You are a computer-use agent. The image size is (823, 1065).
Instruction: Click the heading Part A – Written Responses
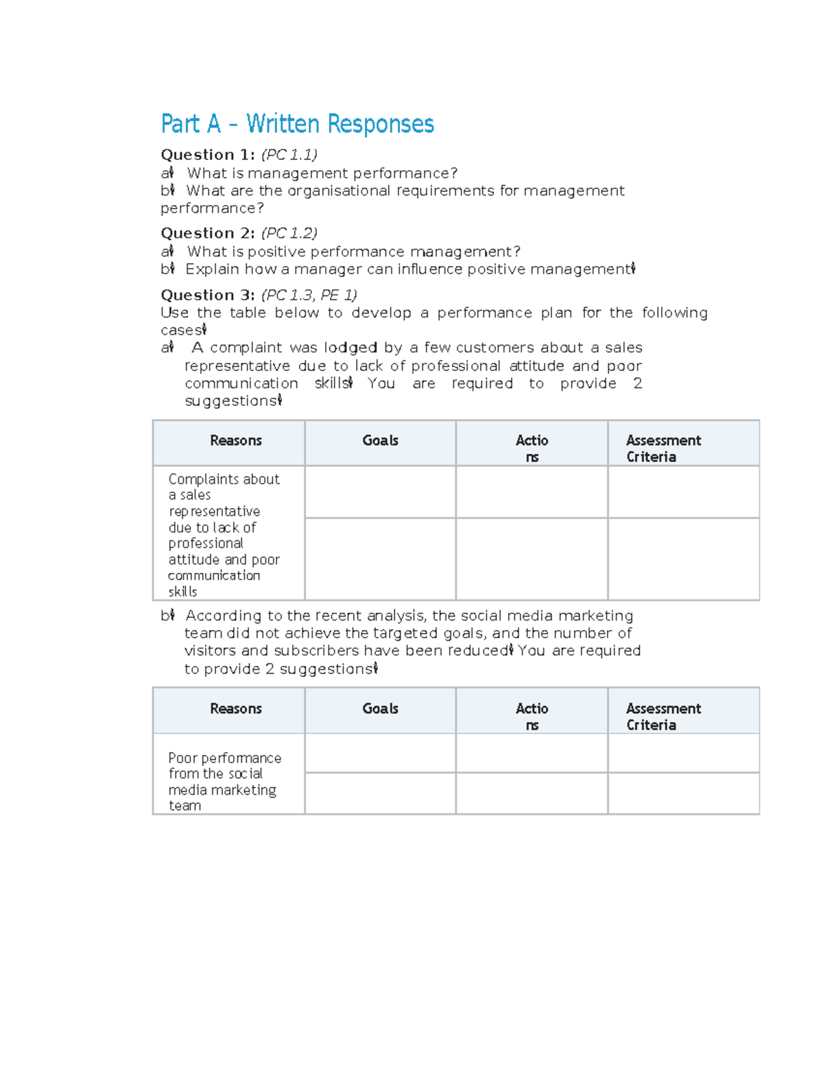[x=297, y=124]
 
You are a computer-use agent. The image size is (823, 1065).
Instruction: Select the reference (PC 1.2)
[x=289, y=233]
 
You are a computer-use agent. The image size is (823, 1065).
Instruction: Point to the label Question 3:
[x=207, y=295]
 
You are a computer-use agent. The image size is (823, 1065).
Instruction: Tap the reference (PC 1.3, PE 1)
[x=309, y=295]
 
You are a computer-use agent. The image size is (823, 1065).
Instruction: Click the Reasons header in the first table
[x=235, y=441]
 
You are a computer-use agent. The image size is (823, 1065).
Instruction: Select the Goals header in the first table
[x=380, y=441]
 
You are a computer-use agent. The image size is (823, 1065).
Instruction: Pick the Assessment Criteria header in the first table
[x=663, y=448]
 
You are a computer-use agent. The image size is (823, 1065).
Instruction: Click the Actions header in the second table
[x=532, y=716]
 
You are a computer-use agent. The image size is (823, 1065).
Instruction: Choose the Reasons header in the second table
[x=235, y=709]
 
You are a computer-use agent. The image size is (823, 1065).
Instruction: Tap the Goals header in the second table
[x=380, y=709]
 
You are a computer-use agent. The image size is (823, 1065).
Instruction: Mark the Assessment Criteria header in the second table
[x=663, y=717]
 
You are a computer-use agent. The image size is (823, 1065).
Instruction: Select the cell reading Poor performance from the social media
[x=224, y=781]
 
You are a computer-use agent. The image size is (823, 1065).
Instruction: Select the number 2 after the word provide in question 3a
[x=637, y=383]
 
